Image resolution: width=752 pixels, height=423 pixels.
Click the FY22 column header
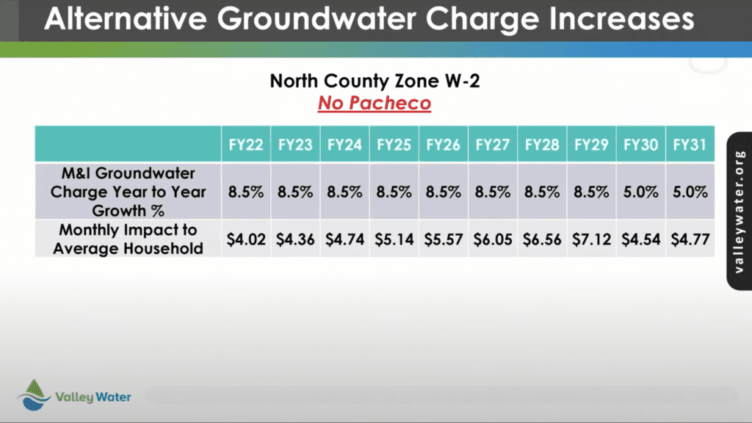point(245,145)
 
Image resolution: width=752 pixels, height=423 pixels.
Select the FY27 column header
point(493,145)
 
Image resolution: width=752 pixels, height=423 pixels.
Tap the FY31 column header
point(690,145)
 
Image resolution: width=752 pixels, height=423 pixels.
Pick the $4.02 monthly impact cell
point(245,239)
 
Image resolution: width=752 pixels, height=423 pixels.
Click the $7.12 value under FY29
point(591,239)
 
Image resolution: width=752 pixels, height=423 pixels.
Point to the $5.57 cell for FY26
point(443,239)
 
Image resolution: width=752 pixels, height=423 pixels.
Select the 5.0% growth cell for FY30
point(640,192)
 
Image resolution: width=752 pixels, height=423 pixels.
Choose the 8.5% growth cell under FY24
point(344,192)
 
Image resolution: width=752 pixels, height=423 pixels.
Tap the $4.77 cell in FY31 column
point(690,239)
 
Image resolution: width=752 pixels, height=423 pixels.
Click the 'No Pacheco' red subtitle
point(375,103)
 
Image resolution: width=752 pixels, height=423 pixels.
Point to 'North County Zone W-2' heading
point(375,81)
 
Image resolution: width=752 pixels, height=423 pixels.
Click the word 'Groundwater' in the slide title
point(317,18)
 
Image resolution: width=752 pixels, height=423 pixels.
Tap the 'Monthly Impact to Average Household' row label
point(128,239)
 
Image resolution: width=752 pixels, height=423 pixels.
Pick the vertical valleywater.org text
point(739,211)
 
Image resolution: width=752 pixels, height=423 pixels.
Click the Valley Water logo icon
point(34,395)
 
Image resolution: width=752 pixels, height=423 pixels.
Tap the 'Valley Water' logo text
point(93,397)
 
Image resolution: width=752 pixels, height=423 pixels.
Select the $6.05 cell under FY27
point(493,239)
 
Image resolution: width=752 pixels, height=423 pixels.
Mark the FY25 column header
point(394,145)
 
